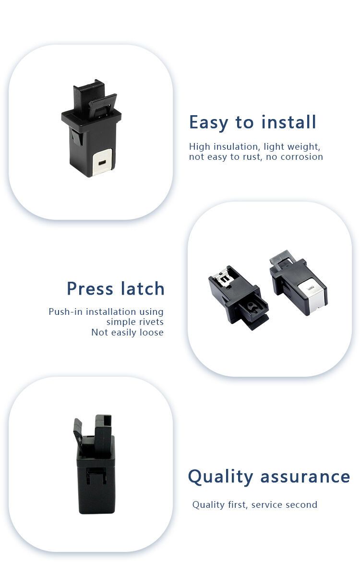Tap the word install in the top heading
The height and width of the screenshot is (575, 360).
click(289, 122)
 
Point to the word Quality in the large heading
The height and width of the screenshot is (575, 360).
click(220, 477)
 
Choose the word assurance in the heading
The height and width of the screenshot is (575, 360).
click(305, 477)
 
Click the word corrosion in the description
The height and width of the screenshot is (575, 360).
click(301, 157)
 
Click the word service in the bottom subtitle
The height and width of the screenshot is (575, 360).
click(268, 505)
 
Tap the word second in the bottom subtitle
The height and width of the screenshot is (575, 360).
click(302, 505)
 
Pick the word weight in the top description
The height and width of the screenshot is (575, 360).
click(305, 146)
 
